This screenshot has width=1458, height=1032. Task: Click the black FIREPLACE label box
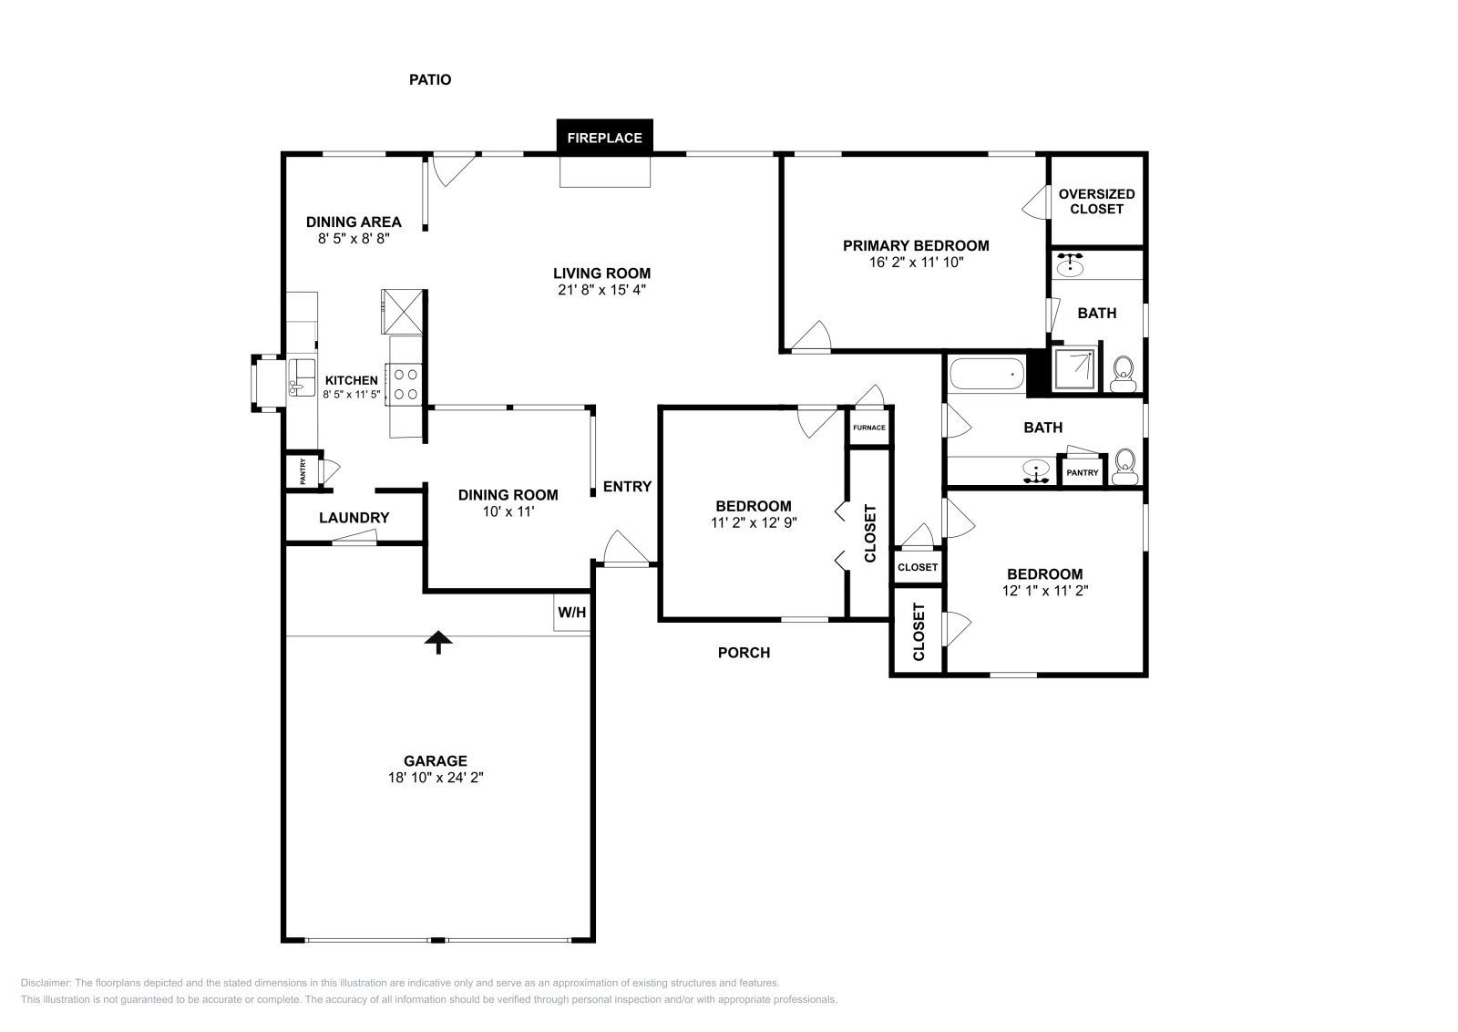pos(605,138)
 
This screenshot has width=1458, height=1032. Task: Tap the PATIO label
pos(429,79)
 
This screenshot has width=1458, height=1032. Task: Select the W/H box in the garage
pos(571,613)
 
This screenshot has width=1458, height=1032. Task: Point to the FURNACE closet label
pos(868,428)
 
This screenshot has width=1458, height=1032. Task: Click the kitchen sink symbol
pos(301,375)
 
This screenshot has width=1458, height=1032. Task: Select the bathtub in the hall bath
pos(987,374)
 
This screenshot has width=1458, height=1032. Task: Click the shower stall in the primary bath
pos(1074,369)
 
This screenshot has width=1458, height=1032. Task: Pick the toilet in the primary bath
pos(1123,371)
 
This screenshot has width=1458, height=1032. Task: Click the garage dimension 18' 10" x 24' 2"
pos(436,778)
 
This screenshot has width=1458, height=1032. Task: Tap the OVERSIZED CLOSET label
pos(1096,201)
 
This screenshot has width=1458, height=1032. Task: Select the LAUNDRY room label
pos(354,518)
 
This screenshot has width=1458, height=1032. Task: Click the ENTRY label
pos(627,487)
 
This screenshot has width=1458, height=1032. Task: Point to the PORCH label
pos(744,653)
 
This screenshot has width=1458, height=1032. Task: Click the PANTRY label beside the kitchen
pos(303,471)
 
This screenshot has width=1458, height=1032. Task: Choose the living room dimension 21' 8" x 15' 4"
pos(601,290)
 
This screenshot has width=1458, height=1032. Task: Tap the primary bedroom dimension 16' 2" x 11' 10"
pos(915,262)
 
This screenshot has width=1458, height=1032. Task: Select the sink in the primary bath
pos(1070,267)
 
